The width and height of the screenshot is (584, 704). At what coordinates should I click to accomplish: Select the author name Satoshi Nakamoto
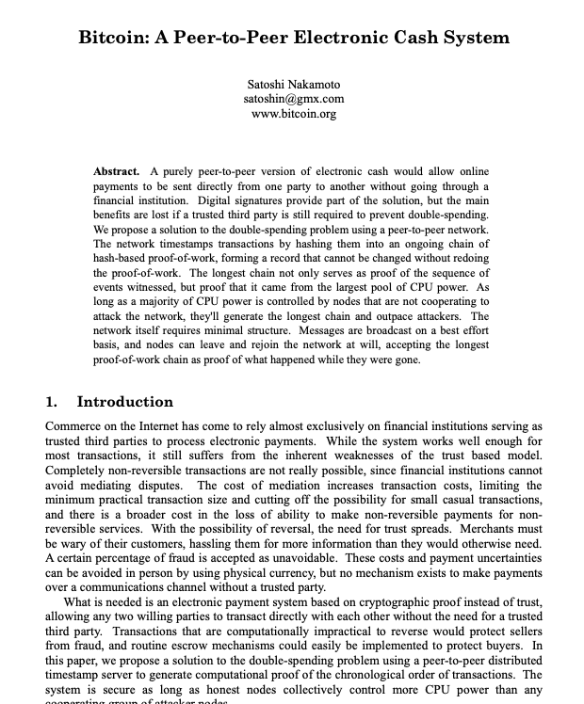coord(293,84)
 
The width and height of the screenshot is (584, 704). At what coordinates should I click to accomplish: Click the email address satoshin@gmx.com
coord(293,98)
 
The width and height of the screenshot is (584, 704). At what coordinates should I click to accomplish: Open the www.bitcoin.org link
coord(293,113)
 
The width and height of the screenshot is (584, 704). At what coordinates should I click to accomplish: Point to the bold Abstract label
coord(117,171)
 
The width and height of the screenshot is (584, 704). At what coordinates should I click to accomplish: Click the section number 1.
coord(51,402)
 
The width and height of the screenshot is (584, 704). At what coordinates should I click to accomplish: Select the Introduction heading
coord(125,402)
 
